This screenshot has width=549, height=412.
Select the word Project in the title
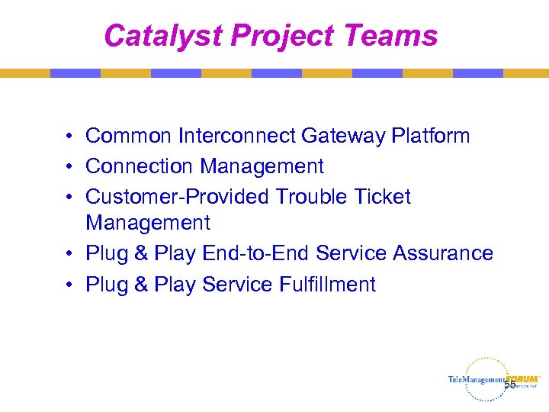282,35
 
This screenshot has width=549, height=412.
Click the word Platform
431,136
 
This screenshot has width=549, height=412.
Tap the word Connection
139,166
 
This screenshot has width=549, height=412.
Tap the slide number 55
510,385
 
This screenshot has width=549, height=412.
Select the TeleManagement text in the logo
476,380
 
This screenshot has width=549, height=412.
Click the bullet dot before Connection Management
69,166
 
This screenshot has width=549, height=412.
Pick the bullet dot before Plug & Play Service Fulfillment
69,285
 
